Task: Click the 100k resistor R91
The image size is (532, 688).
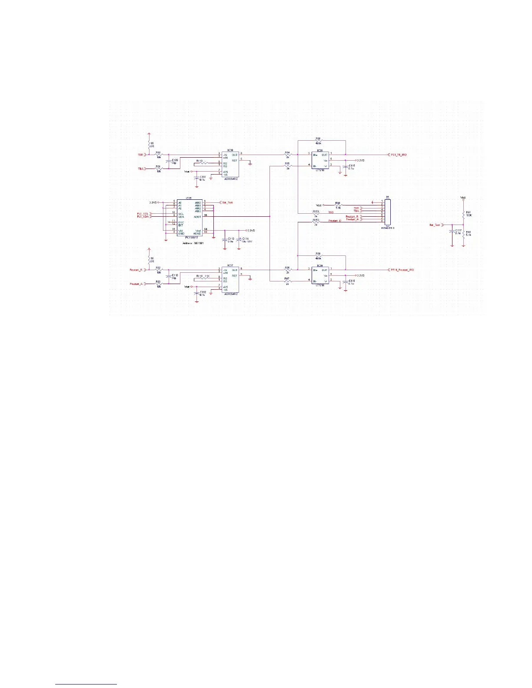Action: (x=464, y=215)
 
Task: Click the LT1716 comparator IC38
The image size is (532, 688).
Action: (x=320, y=160)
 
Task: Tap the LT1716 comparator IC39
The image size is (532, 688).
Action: (x=320, y=275)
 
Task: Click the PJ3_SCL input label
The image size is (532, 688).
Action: (x=143, y=214)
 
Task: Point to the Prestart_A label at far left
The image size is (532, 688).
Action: (x=136, y=284)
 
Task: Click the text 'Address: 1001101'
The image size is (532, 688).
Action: (x=192, y=243)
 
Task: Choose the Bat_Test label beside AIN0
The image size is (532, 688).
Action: (x=228, y=202)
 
